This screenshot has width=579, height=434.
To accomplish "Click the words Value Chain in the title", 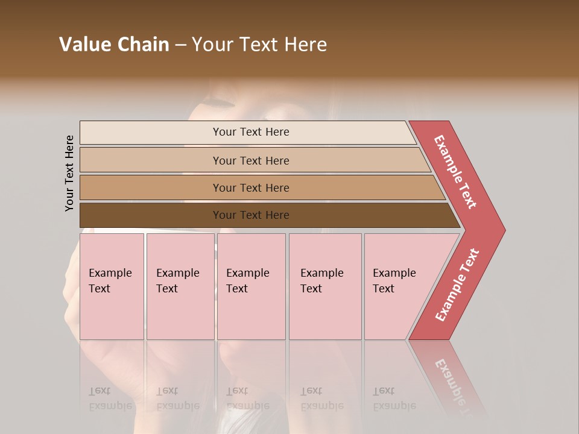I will coord(114,45).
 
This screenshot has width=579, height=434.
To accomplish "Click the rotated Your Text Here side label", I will coord(70,173).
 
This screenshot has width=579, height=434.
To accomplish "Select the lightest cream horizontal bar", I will coord(151,133).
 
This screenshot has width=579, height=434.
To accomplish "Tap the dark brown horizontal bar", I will coord(151,215).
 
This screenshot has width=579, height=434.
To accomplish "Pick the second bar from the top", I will coord(151,160).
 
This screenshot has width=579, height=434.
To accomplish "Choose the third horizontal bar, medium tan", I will coord(151,187).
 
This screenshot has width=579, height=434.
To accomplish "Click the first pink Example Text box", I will coord(112,286).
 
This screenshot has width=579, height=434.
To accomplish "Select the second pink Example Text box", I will coord(180,286).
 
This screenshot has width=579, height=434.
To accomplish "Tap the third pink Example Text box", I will coord(251,286).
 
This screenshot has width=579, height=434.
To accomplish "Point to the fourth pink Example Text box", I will coord(325,286).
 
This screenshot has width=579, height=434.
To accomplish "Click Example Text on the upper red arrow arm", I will coord(455,172).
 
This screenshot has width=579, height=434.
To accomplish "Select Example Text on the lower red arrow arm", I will coord(457,285).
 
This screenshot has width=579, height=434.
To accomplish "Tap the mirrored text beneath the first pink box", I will coord(110,398).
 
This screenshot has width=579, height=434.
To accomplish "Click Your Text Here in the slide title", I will coord(259,45).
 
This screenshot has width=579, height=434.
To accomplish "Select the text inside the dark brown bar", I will coord(251,215).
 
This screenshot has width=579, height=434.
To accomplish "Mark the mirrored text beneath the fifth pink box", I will coord(394,398).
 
